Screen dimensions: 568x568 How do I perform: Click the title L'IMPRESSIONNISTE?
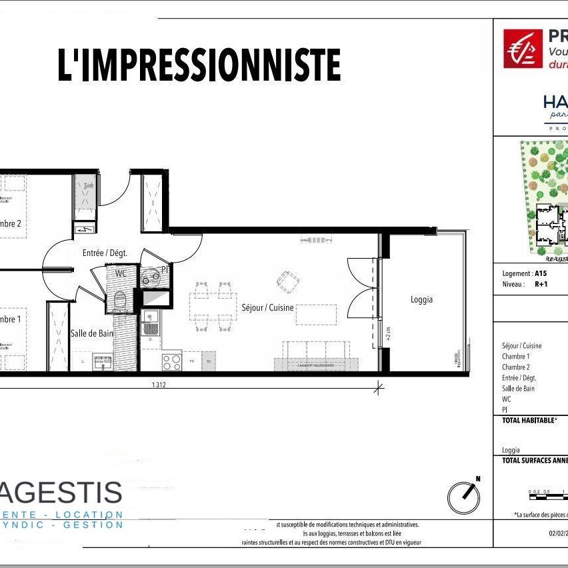(x=199, y=65)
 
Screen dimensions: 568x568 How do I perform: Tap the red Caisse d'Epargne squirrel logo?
(x=523, y=49)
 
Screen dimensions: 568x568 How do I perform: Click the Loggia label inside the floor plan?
(x=421, y=299)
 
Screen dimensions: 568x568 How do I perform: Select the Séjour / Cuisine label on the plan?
(x=267, y=308)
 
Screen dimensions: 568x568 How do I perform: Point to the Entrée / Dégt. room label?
(x=105, y=253)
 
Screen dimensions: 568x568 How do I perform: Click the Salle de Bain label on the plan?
(x=92, y=333)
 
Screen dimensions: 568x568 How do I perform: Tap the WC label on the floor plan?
(x=121, y=273)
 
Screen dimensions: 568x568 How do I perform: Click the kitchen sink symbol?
(x=151, y=327)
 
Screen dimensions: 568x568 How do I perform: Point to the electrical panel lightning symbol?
(x=85, y=230)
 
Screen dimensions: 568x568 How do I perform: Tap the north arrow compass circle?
(x=464, y=495)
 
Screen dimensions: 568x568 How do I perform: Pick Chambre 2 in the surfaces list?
(x=516, y=367)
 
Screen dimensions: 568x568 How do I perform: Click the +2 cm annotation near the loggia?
(x=388, y=331)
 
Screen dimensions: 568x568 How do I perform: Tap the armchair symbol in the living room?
(x=288, y=281)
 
